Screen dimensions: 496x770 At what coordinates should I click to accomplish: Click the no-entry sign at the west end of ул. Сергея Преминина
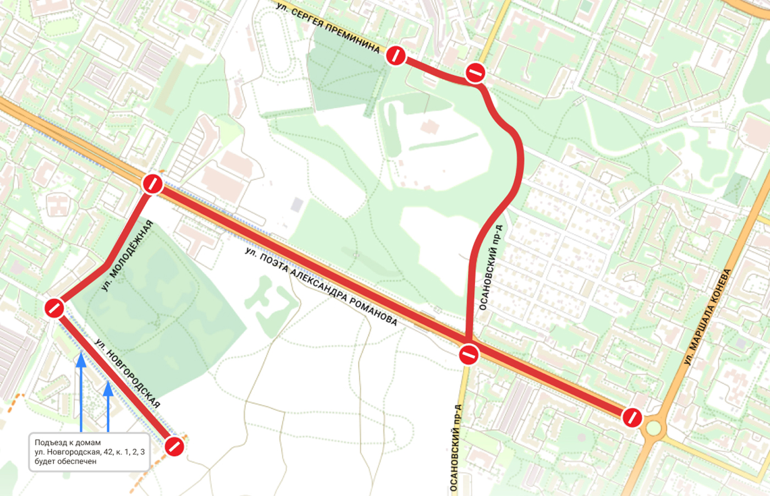(x=395, y=56)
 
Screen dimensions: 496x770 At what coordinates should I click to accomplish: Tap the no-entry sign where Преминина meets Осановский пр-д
(x=475, y=72)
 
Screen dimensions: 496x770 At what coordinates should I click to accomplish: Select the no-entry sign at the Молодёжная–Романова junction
(x=152, y=184)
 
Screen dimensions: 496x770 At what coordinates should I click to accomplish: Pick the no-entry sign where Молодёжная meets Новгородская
(x=54, y=308)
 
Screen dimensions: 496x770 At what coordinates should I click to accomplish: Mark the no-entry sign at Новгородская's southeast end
(x=174, y=446)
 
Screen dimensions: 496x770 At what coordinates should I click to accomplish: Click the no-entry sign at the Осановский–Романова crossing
(x=469, y=354)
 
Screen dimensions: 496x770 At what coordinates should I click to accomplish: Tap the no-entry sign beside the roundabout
(x=632, y=417)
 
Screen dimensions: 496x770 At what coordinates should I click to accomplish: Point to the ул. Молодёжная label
(x=127, y=256)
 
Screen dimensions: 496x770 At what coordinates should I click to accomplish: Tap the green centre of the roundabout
(x=653, y=428)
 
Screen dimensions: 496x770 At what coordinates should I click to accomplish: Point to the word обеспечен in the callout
(x=77, y=461)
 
